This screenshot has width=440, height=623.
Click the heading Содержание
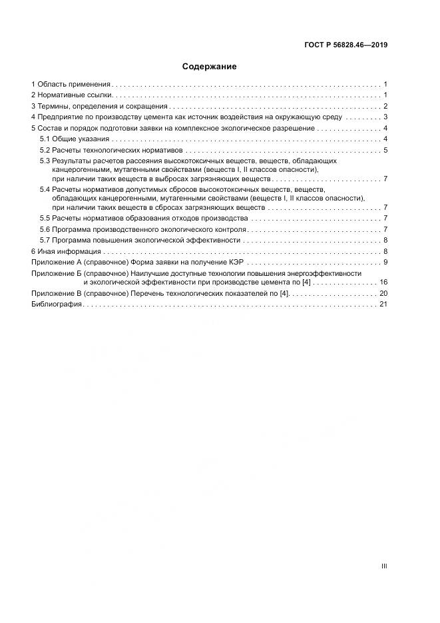click(x=209, y=67)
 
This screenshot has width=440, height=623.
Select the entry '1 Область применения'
click(x=71, y=85)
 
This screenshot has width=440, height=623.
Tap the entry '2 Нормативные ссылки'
click(x=71, y=95)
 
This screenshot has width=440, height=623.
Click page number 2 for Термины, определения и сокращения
click(x=385, y=107)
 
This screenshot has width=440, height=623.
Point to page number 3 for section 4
click(x=385, y=117)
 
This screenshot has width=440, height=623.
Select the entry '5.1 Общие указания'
click(x=74, y=139)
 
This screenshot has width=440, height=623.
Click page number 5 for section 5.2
click(x=385, y=150)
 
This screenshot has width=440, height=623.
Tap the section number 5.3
click(x=45, y=161)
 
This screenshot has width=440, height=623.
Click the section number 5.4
click(x=45, y=190)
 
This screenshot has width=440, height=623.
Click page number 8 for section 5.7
click(x=385, y=241)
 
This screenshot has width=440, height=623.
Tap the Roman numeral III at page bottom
click(x=384, y=566)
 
